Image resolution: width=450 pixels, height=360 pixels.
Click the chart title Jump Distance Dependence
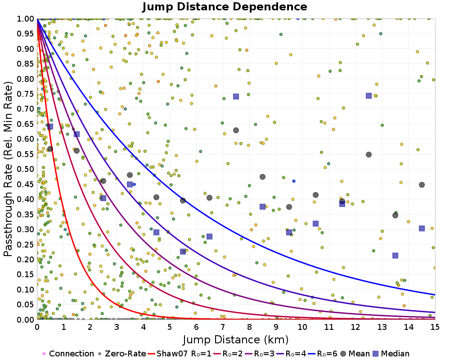(x=225, y=7)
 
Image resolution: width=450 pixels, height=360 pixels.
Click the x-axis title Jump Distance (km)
(x=235, y=339)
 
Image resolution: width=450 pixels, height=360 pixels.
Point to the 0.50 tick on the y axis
(x=26, y=169)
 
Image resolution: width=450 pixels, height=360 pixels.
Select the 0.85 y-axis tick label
(x=26, y=63)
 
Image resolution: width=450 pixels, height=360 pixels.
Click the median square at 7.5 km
(x=236, y=96)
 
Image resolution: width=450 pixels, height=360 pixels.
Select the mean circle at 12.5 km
(x=369, y=154)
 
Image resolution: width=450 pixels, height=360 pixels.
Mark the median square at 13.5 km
(x=395, y=256)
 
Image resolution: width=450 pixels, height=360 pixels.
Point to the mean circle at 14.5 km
(x=422, y=184)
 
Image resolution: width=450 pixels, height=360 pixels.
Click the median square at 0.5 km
(x=50, y=126)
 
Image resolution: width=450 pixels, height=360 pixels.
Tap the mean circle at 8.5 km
(x=262, y=177)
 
